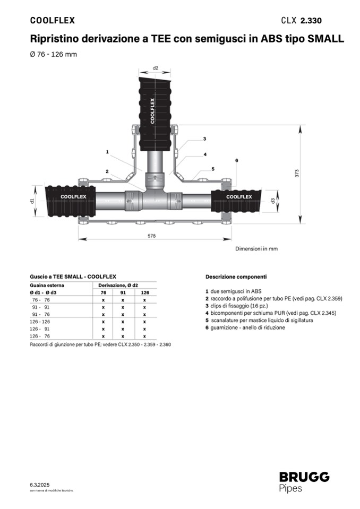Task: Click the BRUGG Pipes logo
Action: (304, 482)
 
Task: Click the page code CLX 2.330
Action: (301, 21)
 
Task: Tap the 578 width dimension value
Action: (151, 236)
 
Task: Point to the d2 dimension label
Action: (156, 68)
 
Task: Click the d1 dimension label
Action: (32, 201)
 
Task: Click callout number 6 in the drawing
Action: (236, 160)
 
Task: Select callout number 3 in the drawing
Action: (204, 139)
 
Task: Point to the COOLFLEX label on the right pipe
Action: (239, 196)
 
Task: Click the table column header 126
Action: (144, 292)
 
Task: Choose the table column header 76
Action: (104, 292)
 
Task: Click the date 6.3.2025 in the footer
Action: (39, 485)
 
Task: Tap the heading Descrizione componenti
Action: (236, 277)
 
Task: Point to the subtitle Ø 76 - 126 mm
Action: (50, 55)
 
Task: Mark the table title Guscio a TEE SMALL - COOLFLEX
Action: (73, 277)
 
